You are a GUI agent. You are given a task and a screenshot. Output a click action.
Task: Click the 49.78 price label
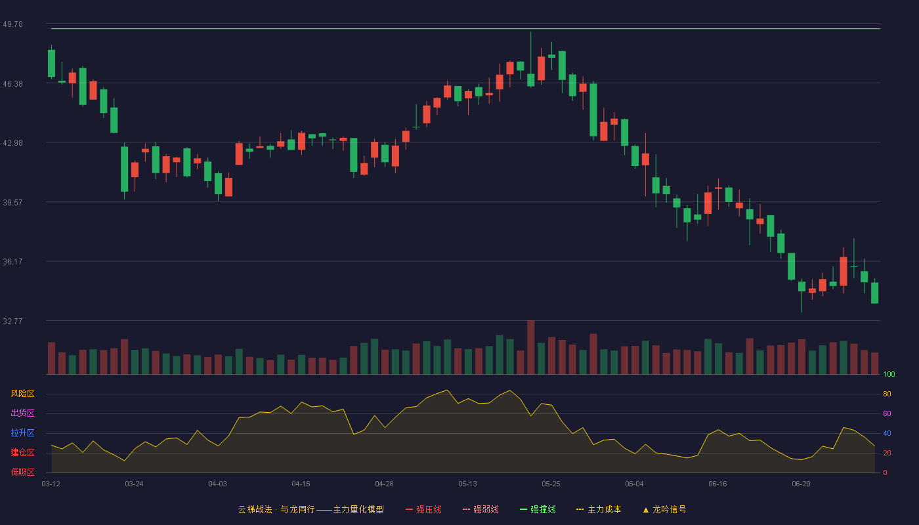[x=12, y=24]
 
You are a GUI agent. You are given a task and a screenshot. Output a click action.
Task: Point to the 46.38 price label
[x=12, y=84]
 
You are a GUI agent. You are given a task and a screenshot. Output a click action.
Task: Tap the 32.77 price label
[x=12, y=321]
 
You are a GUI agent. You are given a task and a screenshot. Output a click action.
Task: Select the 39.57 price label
[x=12, y=203]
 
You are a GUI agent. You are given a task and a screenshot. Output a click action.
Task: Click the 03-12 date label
[x=51, y=484]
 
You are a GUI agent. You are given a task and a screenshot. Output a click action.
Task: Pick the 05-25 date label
[x=551, y=484]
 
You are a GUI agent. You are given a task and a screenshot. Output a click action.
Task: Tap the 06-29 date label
[x=801, y=484]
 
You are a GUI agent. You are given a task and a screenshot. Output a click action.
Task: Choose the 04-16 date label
[x=301, y=484]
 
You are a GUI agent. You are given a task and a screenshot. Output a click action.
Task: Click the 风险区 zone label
[x=22, y=394]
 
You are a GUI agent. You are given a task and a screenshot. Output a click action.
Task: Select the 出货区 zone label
[x=22, y=413]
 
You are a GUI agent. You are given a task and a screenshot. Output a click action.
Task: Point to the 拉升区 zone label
[x=22, y=432]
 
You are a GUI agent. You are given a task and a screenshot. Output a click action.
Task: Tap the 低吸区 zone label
[x=22, y=472]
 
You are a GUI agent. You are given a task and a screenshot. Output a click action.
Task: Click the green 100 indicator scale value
[x=889, y=374]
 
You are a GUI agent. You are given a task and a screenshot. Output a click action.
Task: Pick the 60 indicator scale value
[x=887, y=413]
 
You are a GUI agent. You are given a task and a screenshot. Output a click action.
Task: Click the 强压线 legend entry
[x=423, y=509]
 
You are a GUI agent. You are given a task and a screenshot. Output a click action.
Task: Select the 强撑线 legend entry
[x=538, y=509]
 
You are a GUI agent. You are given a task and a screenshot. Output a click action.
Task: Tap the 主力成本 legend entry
[x=599, y=509]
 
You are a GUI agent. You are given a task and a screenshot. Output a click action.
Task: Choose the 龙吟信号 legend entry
[x=664, y=509]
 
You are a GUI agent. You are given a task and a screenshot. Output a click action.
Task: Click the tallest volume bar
[x=531, y=347]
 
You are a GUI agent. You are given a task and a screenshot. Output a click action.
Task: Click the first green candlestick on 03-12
[x=51, y=63]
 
